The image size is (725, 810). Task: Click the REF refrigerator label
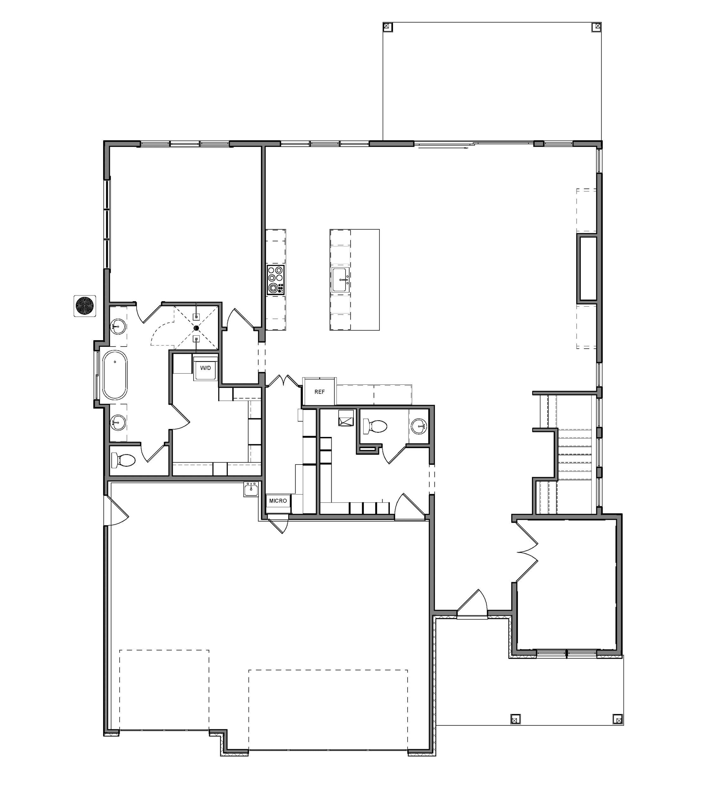tap(320, 392)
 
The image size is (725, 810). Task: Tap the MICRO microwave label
tap(278, 501)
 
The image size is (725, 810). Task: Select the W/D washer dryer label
tap(206, 368)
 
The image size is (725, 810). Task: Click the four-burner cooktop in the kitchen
tap(276, 280)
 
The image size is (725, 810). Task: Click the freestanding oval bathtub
tap(115, 375)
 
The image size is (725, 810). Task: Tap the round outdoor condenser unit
tap(85, 306)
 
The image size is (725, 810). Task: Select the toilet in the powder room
tap(374, 427)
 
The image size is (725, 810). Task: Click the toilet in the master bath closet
tap(123, 461)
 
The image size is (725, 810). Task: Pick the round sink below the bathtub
tap(118, 422)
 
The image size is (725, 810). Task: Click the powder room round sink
tap(419, 426)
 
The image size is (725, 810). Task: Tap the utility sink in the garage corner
tap(251, 489)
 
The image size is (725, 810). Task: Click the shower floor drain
tap(196, 328)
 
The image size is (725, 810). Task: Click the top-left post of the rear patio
tap(387, 27)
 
